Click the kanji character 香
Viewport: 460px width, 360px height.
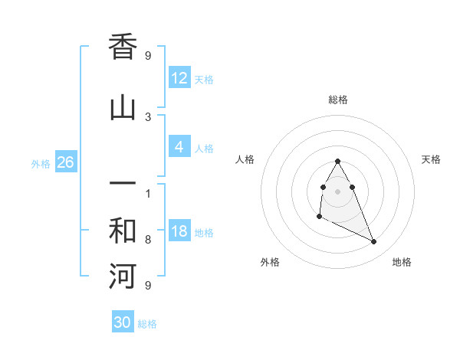[123, 47]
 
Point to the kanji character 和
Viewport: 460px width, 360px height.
[123, 231]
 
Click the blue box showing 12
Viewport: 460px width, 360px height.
[179, 77]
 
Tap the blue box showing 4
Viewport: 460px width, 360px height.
[179, 147]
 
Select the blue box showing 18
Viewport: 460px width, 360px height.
[179, 231]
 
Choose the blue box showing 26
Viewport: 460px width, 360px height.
[65, 162]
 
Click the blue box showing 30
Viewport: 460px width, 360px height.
[123, 322]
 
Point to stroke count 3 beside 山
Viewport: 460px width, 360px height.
[148, 116]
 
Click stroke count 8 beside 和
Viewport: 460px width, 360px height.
[148, 240]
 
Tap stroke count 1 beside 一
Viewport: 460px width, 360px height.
[148, 193]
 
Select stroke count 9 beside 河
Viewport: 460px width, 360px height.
[148, 286]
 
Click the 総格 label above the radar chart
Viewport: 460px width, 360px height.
[338, 100]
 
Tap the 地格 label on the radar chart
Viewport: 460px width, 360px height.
[402, 262]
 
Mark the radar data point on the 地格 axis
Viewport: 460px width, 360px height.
[374, 242]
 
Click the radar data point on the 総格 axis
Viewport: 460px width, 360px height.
[337, 162]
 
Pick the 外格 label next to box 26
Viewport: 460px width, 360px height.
[41, 163]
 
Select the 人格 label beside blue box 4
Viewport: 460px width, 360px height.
[204, 149]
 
